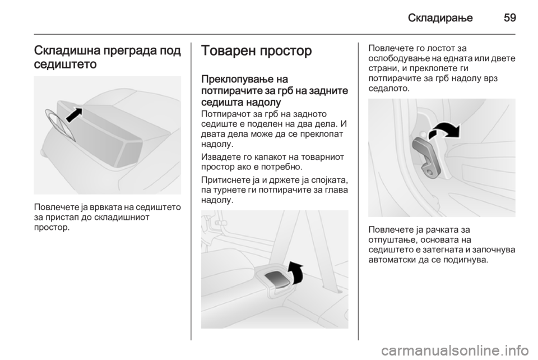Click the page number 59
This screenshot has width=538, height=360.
pos(510,17)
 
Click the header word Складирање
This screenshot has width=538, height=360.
pos(440,18)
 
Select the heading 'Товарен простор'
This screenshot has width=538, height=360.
pos(257,51)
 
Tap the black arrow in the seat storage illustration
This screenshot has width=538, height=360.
pos(74,114)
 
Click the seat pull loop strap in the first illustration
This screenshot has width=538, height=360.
pos(59,125)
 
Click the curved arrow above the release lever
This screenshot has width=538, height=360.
pos(445,130)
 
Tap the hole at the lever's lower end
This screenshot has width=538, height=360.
pos(429,170)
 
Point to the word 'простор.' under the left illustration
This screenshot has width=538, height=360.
pos(52,228)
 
